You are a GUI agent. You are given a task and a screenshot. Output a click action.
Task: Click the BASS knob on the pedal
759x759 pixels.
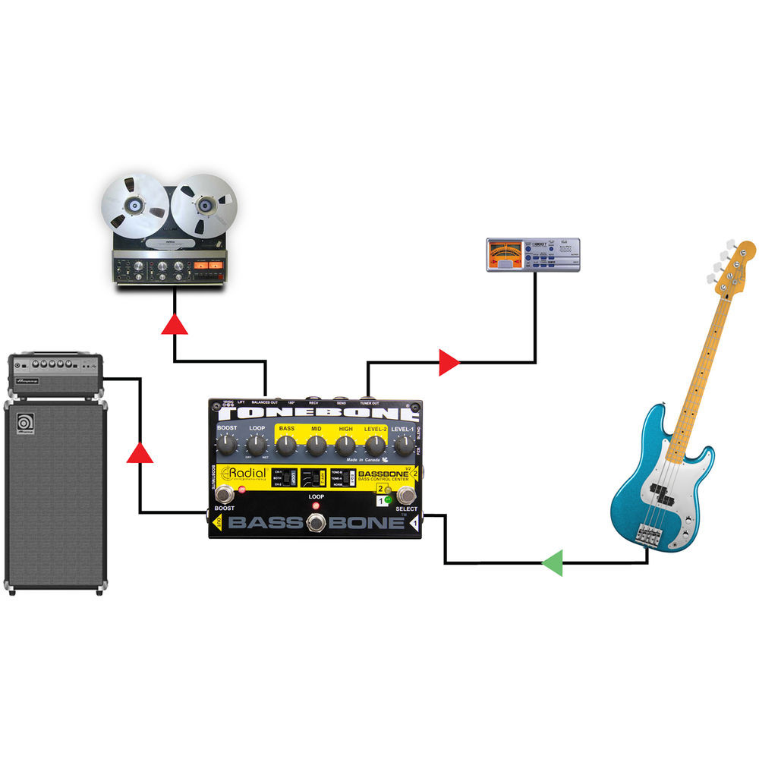pos(286,446)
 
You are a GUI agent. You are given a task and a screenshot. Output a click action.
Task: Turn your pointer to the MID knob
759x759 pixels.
pos(317,446)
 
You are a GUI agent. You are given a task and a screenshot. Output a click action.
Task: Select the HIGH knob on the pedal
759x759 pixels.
pos(346,446)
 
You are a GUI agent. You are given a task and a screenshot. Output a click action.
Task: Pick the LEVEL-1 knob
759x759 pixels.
pos(403,446)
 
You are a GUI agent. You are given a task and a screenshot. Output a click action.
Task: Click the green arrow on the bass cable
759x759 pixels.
pos(553,563)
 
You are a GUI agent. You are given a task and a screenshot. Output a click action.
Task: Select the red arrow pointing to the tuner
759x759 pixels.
pos(449,363)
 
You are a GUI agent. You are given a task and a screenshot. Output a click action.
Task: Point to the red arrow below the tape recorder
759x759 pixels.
pos(175,324)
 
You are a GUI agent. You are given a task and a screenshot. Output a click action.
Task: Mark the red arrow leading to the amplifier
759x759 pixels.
pos(140,453)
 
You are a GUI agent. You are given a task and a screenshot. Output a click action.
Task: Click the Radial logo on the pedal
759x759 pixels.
pos(242,475)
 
